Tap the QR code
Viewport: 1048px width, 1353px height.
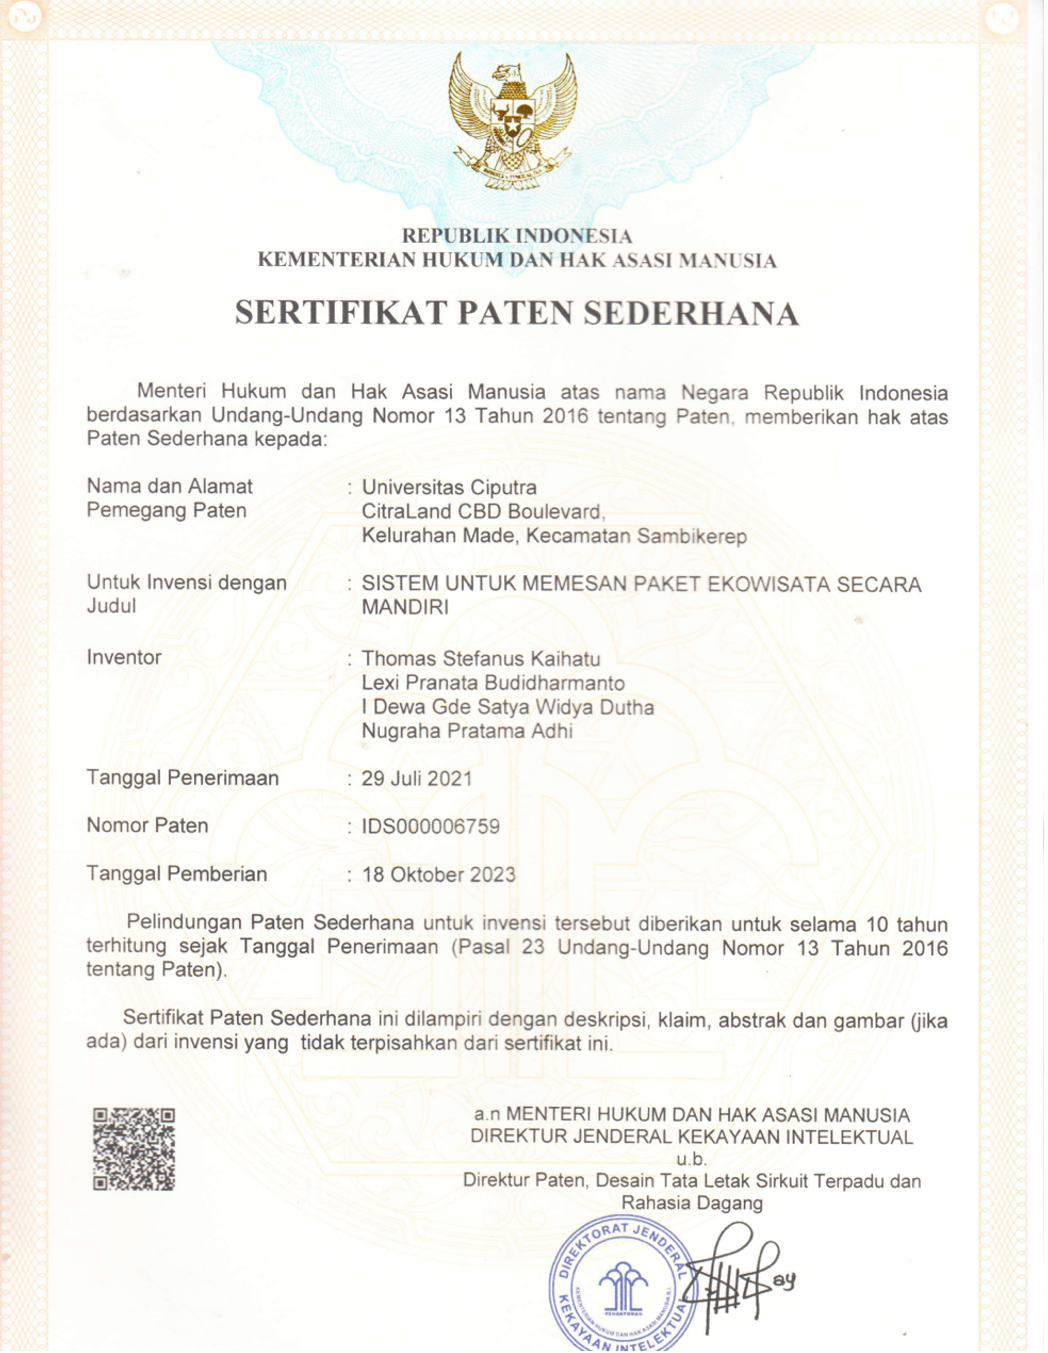pos(134,1149)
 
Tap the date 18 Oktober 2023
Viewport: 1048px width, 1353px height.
pos(438,874)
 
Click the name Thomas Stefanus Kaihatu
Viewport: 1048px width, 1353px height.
pos(480,658)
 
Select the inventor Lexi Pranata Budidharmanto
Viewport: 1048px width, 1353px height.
pos(493,683)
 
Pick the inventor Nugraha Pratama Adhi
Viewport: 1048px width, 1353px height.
pos(467,731)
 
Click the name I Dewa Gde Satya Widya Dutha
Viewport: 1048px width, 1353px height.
pos(508,707)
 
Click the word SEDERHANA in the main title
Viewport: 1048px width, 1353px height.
pos(691,313)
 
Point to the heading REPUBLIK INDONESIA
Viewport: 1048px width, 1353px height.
pos(517,236)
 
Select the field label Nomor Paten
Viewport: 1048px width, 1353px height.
pos(147,825)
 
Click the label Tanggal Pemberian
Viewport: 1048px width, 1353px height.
pos(177,874)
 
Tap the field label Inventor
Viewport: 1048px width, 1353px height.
pos(124,657)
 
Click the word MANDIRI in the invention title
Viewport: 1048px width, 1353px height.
pos(405,607)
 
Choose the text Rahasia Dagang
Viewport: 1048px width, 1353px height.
pos(692,1203)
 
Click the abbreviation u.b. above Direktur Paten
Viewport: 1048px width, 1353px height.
pos(691,1159)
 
